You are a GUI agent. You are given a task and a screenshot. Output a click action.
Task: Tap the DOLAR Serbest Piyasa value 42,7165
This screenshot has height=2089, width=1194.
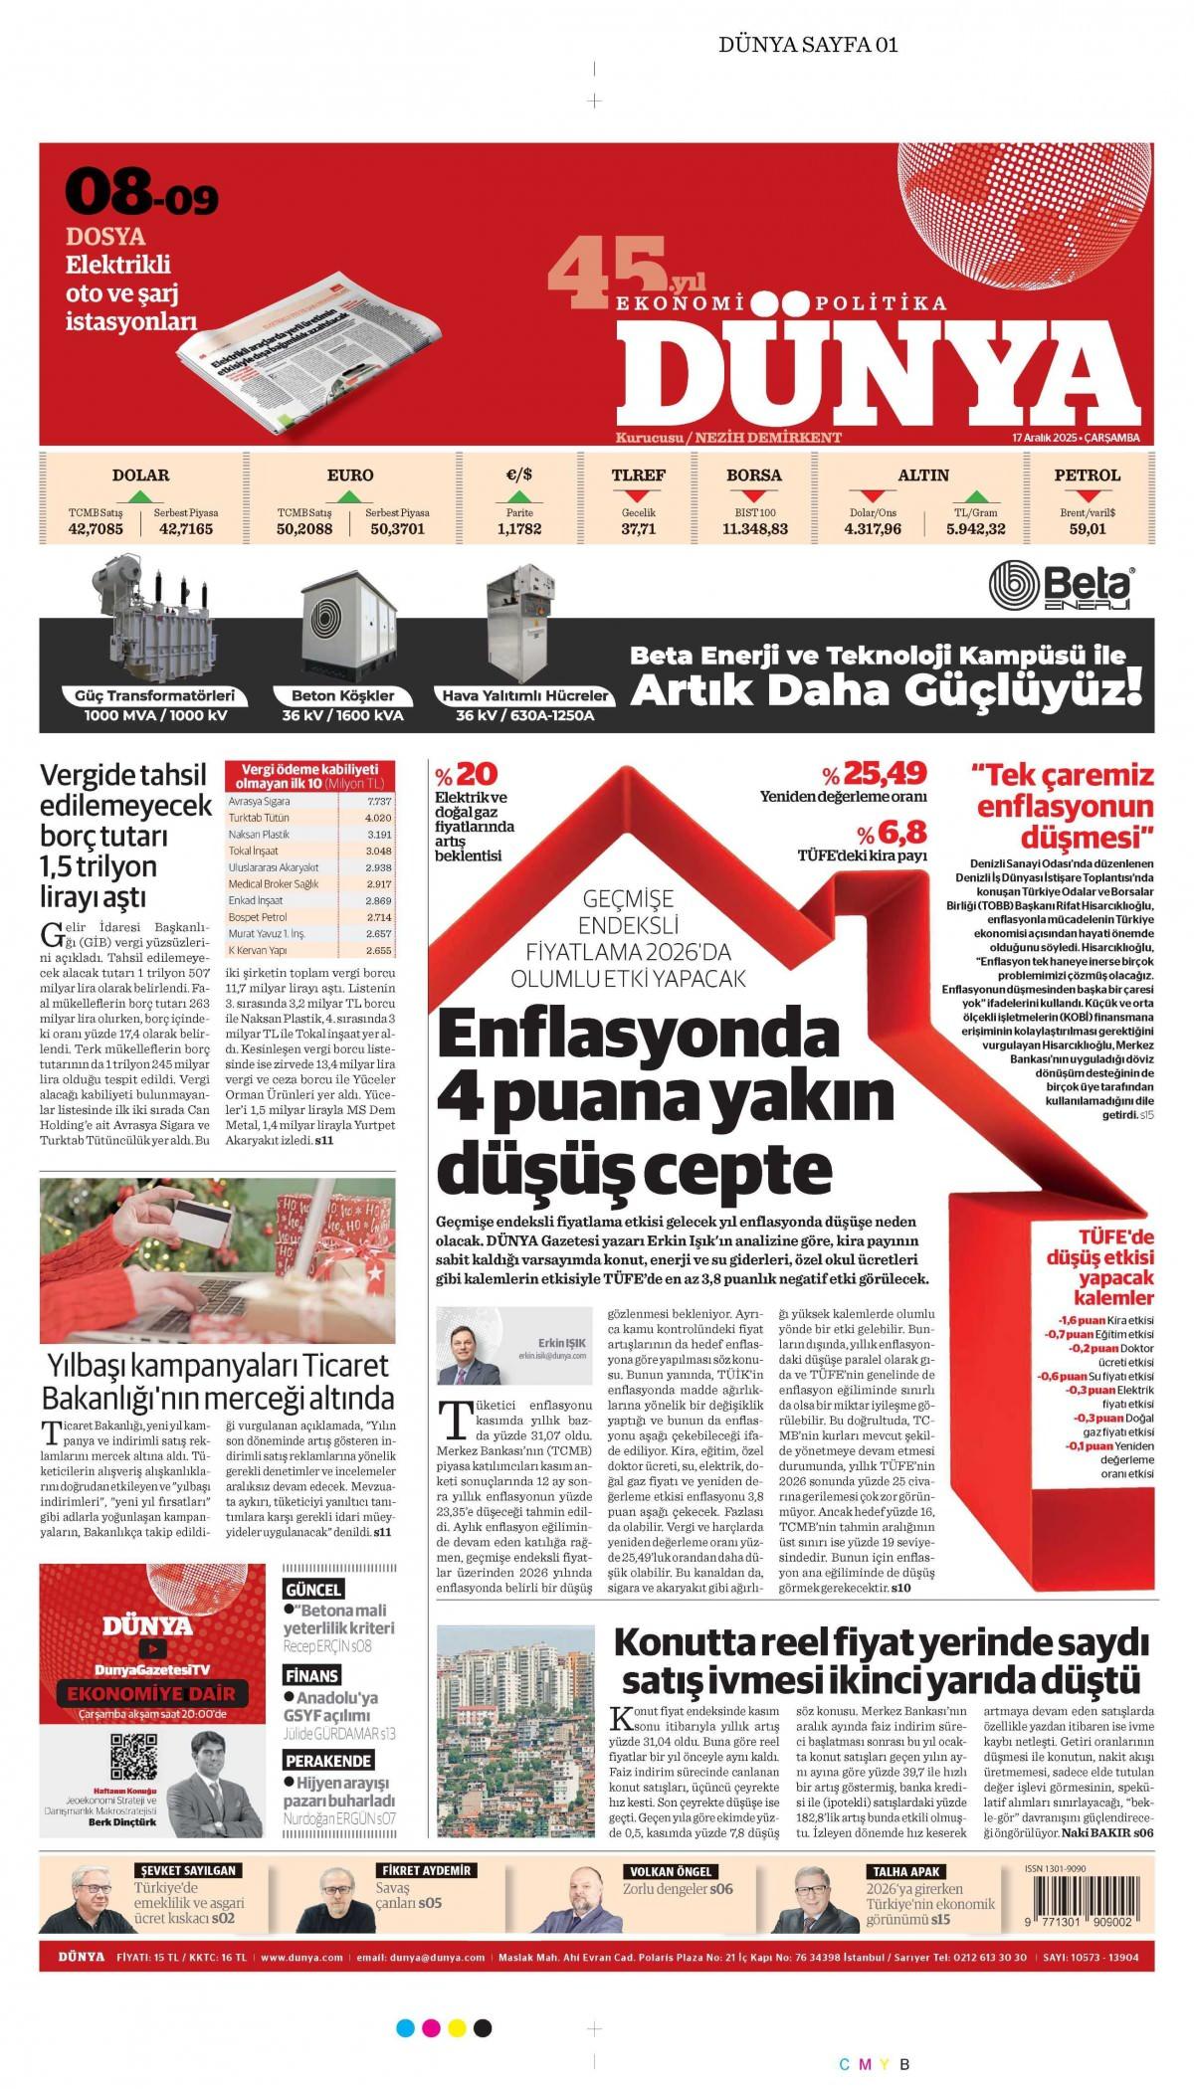coord(186,529)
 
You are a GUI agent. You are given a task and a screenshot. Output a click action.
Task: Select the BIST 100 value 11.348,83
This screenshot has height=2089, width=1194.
coord(754,529)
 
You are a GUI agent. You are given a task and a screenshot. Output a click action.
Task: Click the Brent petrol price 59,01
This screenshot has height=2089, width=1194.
coord(1088,529)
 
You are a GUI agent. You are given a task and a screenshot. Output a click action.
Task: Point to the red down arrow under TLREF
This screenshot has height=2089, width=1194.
coord(638,494)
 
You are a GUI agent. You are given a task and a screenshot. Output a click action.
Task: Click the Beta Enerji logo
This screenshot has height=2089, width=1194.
coord(1062,587)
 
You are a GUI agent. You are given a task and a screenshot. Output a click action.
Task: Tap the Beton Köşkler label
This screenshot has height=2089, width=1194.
coord(343,695)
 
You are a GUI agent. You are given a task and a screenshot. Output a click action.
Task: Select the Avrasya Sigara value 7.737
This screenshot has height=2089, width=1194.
coord(379,801)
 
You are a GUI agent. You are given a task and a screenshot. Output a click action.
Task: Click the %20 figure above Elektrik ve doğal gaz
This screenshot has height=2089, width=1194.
coord(466,774)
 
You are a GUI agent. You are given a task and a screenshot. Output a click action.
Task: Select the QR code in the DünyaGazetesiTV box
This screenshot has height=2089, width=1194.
coord(132,1756)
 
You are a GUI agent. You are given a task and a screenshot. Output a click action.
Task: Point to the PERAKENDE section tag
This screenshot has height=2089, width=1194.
coord(328,1761)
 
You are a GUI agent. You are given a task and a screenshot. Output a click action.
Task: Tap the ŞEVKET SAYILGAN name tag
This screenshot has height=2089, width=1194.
coord(187,1870)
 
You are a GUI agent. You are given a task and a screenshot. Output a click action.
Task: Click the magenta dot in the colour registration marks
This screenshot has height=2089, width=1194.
coord(431,2027)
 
